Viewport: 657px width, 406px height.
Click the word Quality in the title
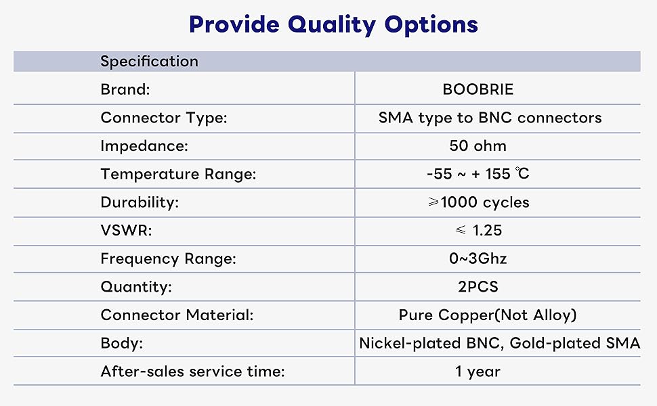(332, 25)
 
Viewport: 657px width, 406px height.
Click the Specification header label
(149, 62)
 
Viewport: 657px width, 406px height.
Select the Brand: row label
(125, 89)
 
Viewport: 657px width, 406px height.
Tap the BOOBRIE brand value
(478, 89)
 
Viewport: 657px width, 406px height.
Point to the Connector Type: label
(164, 118)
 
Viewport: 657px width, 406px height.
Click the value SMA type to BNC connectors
(490, 118)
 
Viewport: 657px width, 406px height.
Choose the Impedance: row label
(144, 146)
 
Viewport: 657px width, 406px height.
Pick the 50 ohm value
(478, 145)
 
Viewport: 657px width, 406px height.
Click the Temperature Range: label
(178, 174)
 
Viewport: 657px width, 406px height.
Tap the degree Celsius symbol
(522, 173)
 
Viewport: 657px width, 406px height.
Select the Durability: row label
(140, 202)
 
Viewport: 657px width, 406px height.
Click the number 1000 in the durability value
(459, 202)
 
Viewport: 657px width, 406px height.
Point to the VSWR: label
(126, 231)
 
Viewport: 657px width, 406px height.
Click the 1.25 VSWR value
(487, 231)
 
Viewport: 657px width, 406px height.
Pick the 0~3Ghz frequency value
(478, 258)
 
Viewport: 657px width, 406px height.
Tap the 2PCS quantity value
(478, 287)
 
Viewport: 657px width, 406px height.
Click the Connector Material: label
(177, 315)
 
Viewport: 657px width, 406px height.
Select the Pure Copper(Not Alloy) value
(487, 315)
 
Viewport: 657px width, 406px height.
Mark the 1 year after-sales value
(478, 371)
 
